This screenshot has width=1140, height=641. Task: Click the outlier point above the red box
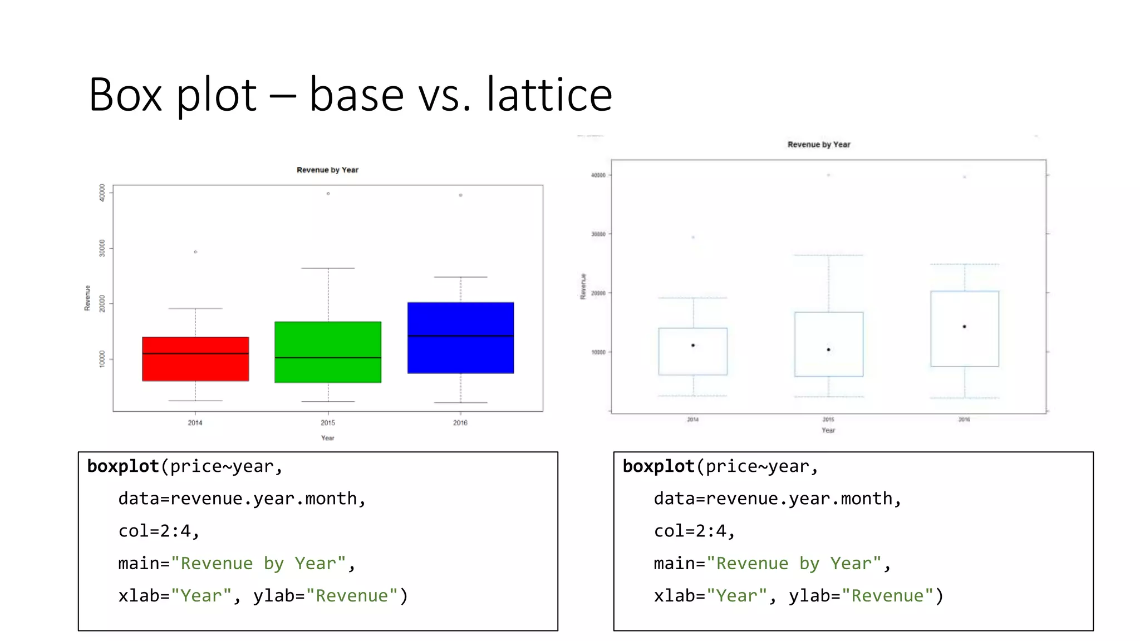point(195,252)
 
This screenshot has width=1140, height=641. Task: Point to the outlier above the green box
point(328,194)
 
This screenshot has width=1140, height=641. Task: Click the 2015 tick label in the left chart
point(328,423)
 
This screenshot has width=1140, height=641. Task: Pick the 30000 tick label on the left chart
point(102,248)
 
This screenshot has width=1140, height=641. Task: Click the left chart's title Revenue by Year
point(327,170)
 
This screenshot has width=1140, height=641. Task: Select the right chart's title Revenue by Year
point(819,145)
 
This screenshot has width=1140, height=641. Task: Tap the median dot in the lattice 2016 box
point(965,327)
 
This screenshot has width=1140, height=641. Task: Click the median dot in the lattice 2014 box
point(693,346)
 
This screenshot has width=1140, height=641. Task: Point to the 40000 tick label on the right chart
point(598,175)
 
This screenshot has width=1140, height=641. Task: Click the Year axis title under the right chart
point(828,430)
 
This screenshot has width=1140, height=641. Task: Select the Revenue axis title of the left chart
point(87,298)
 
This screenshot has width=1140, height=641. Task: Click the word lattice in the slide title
point(549,95)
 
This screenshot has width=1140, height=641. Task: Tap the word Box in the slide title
point(125,95)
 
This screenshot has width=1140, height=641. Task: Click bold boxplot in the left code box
point(123,466)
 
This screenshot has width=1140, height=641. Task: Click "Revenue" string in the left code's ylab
point(351,596)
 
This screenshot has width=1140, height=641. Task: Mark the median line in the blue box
point(460,336)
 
